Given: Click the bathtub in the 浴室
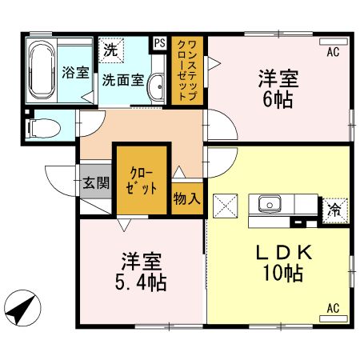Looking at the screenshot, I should point(40,70).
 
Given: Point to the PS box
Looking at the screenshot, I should point(159,43).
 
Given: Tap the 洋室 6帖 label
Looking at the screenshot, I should point(278,90).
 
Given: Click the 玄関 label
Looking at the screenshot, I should point(96,182).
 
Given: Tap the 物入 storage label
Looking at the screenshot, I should point(188,198).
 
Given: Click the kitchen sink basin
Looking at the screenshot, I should point(267,203).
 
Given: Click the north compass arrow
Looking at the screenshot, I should point(23,307).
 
